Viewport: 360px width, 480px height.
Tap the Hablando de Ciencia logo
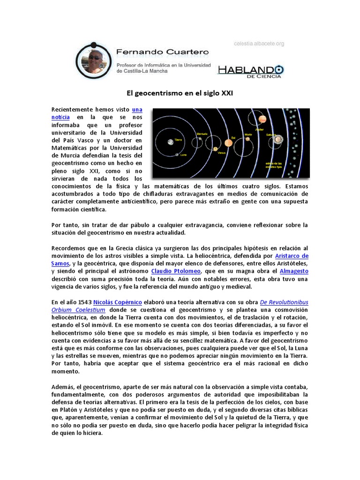[x=250, y=71]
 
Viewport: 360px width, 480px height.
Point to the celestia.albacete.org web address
[x=259, y=44]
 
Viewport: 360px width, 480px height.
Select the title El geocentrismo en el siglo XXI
[x=180, y=93]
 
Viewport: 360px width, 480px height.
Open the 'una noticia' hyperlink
[x=136, y=109]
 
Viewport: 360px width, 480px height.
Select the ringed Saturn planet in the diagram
[x=278, y=139]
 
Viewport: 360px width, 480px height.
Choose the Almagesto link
[x=293, y=271]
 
